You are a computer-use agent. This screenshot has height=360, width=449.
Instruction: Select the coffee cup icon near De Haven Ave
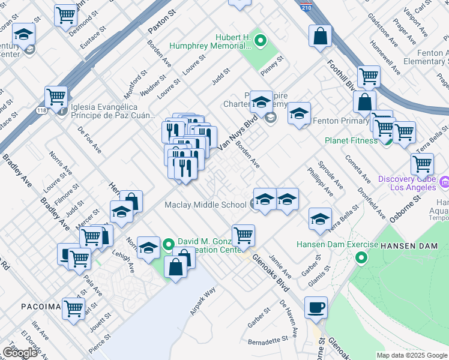click(316, 308)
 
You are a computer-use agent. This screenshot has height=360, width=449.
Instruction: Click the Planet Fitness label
click(351, 140)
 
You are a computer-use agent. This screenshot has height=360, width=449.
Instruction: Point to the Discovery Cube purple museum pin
click(445, 181)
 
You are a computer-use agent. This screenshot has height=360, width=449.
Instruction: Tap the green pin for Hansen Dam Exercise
click(361, 259)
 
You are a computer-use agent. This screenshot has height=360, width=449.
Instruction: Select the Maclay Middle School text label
click(205, 205)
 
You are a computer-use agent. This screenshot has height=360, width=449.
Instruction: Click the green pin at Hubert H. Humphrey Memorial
click(260, 41)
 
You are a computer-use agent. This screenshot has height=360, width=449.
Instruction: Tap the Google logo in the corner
click(20, 353)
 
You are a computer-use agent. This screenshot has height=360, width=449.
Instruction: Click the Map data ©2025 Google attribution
click(412, 355)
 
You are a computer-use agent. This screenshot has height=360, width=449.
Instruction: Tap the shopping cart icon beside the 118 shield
click(56, 97)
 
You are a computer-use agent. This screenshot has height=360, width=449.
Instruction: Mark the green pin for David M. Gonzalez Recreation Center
click(169, 244)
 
